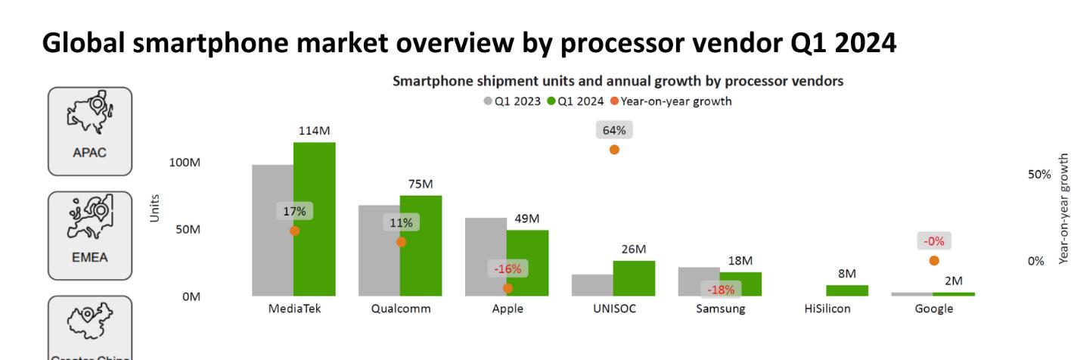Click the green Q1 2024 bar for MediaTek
coord(315,219)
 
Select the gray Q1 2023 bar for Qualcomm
coord(379,250)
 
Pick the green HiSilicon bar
coord(847,290)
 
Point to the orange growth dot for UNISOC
coord(614,150)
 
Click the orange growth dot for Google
coord(934,260)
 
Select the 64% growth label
coord(614,130)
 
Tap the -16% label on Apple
coord(508,268)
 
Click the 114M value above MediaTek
coord(315,130)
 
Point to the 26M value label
coord(634,249)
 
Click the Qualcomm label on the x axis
coord(400,309)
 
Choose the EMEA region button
coord(90,234)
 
